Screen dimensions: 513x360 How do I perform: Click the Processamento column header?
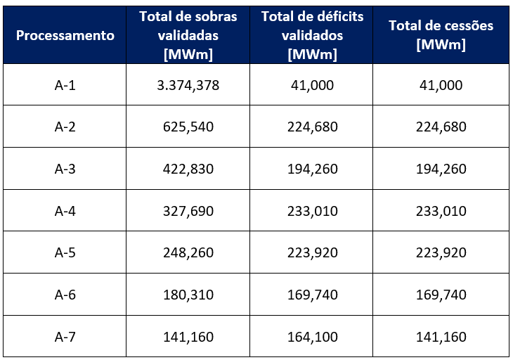click(65, 35)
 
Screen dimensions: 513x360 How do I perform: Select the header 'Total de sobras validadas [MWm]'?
click(188, 35)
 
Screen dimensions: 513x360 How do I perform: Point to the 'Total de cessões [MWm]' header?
click(441, 35)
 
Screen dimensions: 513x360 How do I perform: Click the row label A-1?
click(65, 85)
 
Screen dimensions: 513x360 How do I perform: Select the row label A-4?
click(65, 211)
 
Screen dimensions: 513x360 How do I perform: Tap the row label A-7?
click(65, 336)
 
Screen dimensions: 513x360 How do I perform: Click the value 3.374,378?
click(188, 85)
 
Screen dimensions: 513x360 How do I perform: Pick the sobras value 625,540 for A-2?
click(188, 127)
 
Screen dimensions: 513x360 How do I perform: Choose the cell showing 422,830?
click(188, 169)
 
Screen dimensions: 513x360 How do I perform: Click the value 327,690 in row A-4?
click(188, 211)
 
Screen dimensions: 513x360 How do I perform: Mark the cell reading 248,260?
click(188, 252)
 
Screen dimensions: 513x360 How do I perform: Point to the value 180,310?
click(188, 295)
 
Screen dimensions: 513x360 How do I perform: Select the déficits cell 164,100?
click(312, 336)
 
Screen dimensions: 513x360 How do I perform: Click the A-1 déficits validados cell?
click(312, 85)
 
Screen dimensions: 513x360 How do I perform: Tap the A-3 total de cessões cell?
click(441, 169)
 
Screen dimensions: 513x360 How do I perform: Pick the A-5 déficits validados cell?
click(312, 252)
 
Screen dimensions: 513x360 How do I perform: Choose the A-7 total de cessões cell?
click(441, 336)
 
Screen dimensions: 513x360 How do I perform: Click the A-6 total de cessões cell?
click(441, 295)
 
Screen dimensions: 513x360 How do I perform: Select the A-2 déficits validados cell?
click(312, 127)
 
